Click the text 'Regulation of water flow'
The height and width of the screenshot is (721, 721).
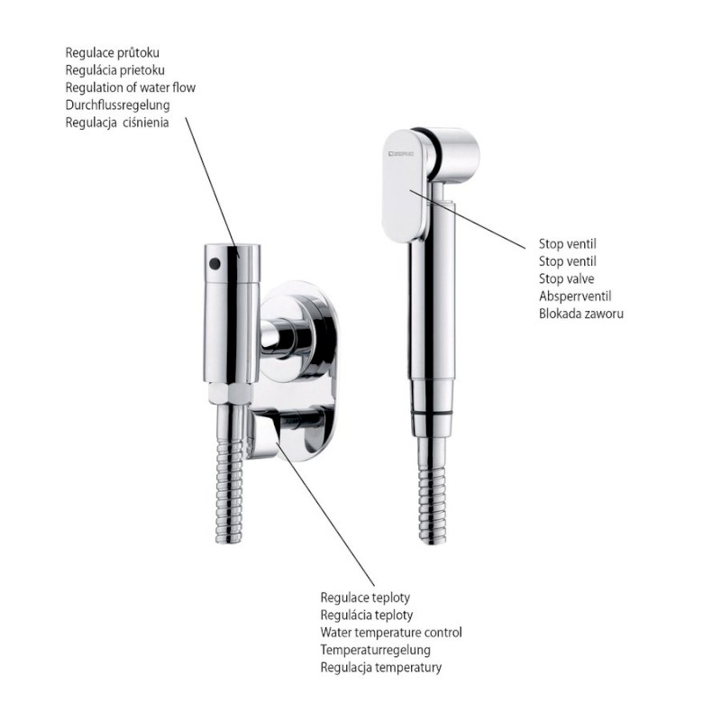click(x=130, y=87)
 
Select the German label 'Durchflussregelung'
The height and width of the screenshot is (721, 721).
click(x=118, y=105)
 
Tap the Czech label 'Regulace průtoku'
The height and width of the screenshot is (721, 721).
click(x=112, y=52)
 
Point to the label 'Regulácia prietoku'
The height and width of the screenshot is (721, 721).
click(x=114, y=70)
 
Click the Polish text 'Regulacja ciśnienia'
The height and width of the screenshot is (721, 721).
click(x=117, y=123)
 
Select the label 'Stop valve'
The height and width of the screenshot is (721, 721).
click(x=567, y=278)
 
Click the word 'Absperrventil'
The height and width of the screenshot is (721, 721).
click(x=575, y=297)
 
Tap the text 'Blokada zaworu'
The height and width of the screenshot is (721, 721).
click(x=581, y=314)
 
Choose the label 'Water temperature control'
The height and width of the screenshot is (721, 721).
click(x=391, y=633)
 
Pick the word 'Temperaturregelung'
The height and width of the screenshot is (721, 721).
click(x=375, y=650)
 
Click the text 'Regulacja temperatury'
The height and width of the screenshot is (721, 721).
click(x=380, y=667)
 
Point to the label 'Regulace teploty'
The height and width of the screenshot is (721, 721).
click(x=365, y=598)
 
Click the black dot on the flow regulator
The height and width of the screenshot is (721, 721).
click(x=214, y=263)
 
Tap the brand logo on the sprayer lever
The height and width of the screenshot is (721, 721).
click(x=399, y=153)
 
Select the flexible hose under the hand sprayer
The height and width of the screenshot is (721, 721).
click(x=433, y=491)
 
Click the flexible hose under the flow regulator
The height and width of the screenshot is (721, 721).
click(x=230, y=475)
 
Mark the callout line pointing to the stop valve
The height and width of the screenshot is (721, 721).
click(x=467, y=219)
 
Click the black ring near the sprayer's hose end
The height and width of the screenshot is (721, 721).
click(x=432, y=414)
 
